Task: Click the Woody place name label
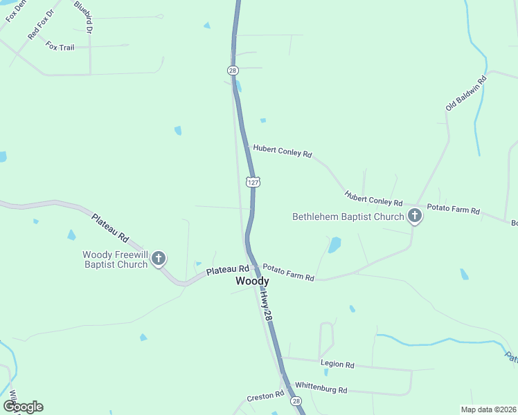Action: tap(252, 282)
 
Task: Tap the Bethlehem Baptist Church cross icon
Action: tap(415, 216)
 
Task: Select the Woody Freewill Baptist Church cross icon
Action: tap(159, 259)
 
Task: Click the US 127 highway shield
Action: tap(253, 181)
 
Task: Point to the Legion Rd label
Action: tap(337, 364)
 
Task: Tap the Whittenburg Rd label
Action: tap(321, 389)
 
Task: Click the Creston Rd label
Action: tap(266, 396)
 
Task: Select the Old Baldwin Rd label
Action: tap(466, 93)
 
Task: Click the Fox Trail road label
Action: tap(60, 46)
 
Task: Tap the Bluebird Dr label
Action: tap(84, 17)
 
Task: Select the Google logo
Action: tap(23, 407)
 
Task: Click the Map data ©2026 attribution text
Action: tap(489, 409)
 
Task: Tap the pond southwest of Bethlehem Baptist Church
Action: tap(335, 245)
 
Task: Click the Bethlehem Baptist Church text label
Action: tap(348, 216)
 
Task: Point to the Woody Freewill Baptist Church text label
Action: tap(115, 259)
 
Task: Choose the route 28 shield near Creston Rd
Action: tap(296, 401)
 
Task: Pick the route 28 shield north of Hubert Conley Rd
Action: tap(232, 70)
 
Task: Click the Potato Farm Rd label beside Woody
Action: tap(288, 273)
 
